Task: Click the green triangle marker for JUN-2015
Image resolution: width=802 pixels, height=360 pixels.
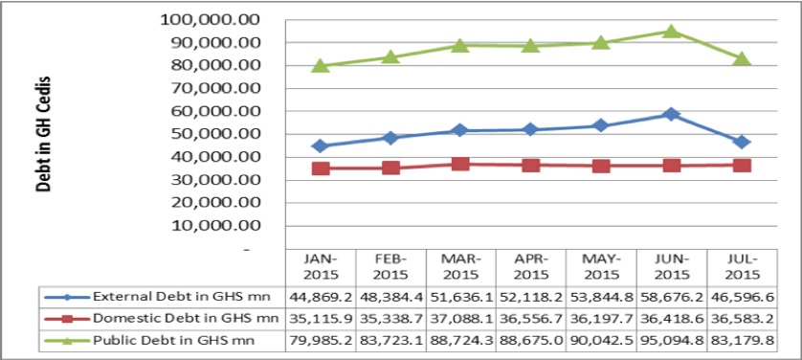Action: click(671, 32)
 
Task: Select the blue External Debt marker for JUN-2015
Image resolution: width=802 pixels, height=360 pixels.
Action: click(671, 114)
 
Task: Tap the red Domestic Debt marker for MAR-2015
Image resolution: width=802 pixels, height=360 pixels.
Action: click(460, 164)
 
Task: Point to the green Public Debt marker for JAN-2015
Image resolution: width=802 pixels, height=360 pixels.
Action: click(321, 65)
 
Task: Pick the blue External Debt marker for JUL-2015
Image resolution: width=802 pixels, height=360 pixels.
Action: click(741, 142)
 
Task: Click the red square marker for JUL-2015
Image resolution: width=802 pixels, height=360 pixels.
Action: click(741, 166)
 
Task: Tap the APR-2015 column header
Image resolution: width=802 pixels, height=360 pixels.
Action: click(530, 265)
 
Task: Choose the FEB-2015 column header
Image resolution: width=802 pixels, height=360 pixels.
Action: click(390, 265)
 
